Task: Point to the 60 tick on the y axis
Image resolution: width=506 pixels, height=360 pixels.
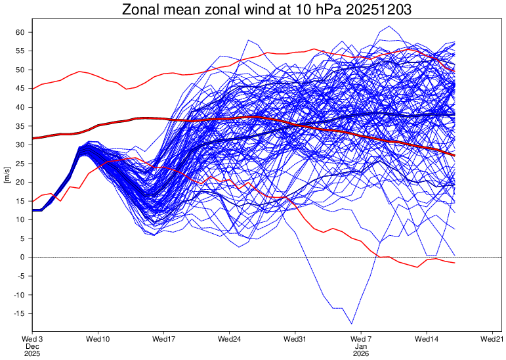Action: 20,32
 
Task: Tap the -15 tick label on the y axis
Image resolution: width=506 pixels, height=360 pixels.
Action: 18,314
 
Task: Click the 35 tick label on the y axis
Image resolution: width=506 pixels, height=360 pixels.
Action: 20,126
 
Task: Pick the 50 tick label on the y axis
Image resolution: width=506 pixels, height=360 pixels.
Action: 20,70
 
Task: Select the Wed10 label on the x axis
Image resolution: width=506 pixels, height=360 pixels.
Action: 98,339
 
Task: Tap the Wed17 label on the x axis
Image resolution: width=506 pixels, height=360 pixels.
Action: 163,339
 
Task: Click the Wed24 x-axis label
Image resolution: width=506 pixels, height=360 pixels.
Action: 229,339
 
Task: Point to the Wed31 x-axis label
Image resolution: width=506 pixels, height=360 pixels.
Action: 295,339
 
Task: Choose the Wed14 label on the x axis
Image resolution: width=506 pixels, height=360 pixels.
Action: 427,339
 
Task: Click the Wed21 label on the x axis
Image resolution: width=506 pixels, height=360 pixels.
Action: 492,339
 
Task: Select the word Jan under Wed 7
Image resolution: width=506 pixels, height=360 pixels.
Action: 361,346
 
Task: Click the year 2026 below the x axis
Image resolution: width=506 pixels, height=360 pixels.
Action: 361,353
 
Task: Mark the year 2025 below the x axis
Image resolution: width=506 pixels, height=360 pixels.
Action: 32,353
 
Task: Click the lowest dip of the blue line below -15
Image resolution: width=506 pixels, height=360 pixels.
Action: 352,324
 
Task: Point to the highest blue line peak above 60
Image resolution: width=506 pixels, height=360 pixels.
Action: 389,26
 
